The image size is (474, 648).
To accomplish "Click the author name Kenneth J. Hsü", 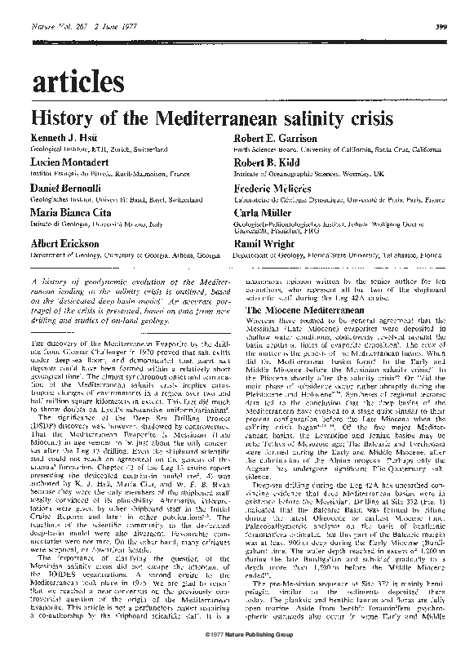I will tap(61, 139).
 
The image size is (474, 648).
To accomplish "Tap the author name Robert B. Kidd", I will tap(269, 163).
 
